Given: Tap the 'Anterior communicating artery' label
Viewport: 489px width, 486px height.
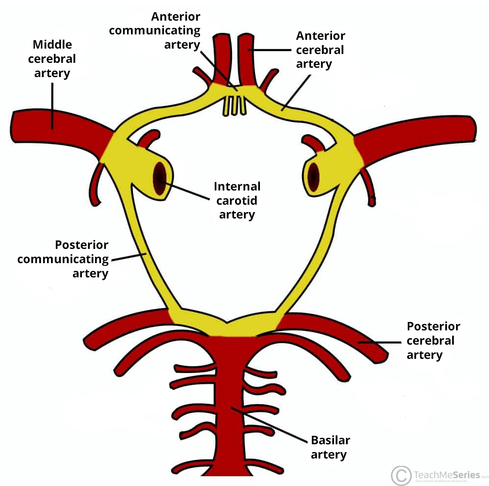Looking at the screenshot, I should pos(154,30).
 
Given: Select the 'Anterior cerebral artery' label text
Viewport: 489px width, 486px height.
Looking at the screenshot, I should pos(320,50).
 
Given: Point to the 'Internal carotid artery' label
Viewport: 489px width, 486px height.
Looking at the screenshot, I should pos(237,200).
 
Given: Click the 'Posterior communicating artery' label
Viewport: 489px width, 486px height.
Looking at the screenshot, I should pos(63,259).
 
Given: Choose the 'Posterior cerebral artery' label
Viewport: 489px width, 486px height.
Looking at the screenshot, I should pos(434,340).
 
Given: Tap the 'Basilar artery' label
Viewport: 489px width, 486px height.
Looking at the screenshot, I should pos(331,447).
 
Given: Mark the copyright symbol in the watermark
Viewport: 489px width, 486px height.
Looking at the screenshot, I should pos(401,475).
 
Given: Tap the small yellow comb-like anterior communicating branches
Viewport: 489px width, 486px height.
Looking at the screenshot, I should pos(234,104).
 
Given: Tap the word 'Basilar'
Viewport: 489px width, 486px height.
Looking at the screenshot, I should pos(331,440).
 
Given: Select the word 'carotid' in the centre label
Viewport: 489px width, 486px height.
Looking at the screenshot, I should pos(237,200).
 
